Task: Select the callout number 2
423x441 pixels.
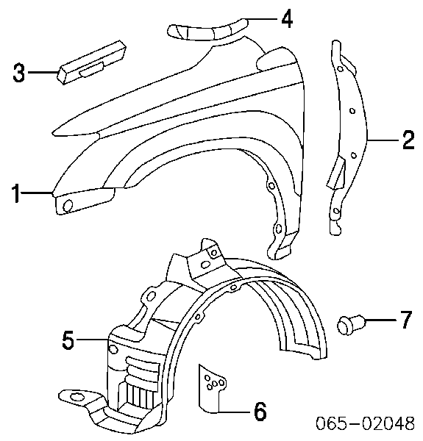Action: coord(408,140)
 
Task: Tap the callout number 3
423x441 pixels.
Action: coord(18,73)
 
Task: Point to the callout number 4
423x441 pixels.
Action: coord(287,18)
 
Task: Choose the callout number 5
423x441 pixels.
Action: coord(68,340)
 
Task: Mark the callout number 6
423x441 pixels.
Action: coord(260,412)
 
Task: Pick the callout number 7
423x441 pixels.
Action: coord(405,320)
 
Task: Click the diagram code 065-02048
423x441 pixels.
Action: coord(365,423)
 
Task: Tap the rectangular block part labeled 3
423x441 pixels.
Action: coord(92,62)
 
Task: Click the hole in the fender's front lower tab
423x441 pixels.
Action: coord(68,205)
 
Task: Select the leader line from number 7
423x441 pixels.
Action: coord(382,320)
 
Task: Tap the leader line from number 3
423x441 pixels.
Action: coord(43,72)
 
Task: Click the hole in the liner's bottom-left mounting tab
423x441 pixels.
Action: coord(77,397)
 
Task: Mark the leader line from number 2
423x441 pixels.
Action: coord(384,140)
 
